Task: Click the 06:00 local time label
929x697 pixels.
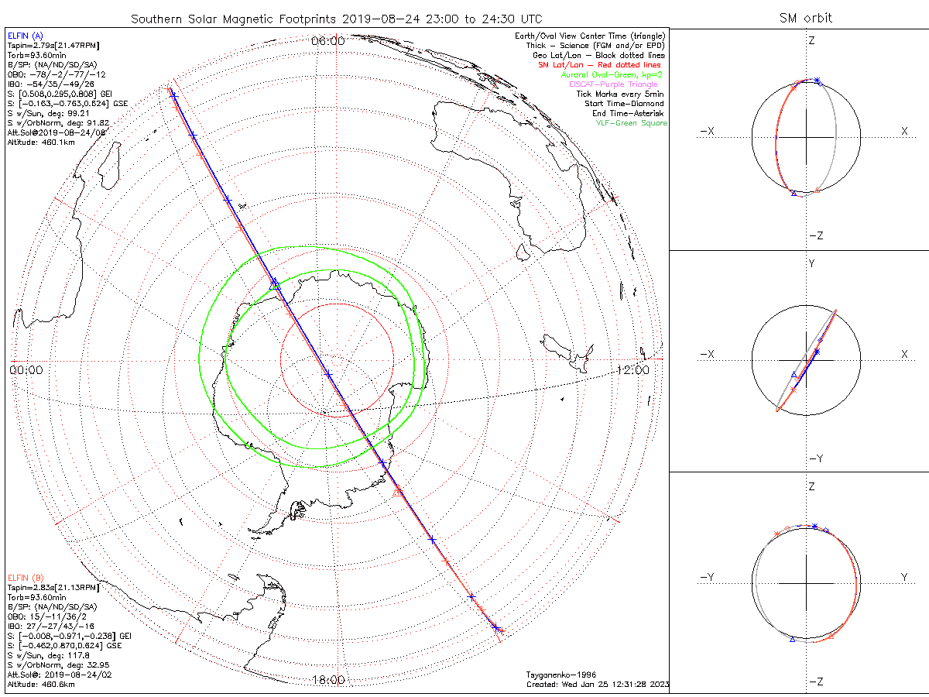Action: [328, 40]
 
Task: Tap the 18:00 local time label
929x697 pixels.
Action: [328, 680]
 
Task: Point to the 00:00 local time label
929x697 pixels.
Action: [26, 369]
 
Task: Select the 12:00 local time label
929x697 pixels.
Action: [632, 369]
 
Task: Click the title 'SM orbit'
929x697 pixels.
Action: [806, 18]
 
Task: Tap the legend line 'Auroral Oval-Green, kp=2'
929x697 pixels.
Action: [614, 75]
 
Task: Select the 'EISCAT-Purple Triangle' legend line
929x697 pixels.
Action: [619, 84]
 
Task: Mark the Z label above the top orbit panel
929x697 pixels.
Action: [811, 40]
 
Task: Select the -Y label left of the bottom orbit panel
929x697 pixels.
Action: [706, 577]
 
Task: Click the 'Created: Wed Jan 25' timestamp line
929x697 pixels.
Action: [597, 685]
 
